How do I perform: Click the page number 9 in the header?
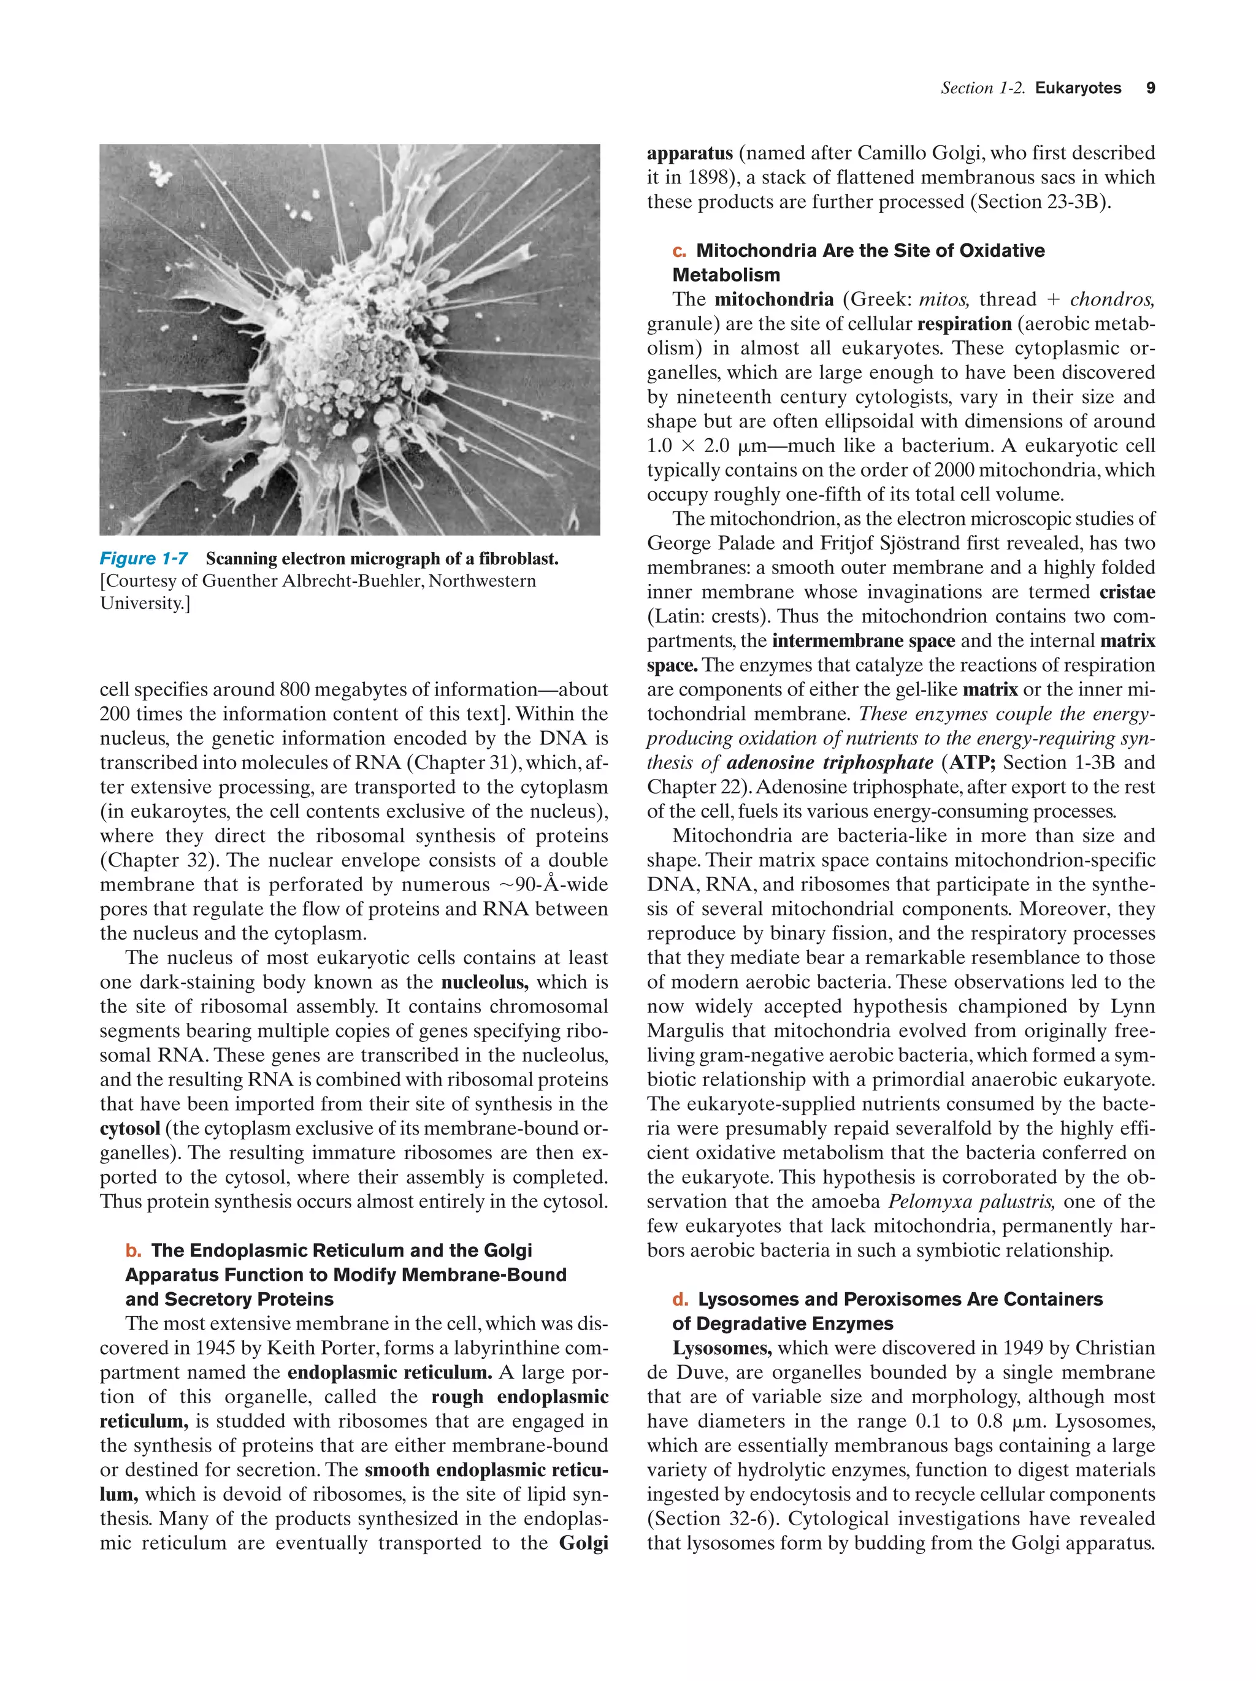pos(1151,88)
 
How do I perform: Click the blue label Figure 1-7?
pos(144,559)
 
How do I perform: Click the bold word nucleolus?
pos(484,982)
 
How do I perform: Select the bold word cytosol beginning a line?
pos(129,1128)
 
